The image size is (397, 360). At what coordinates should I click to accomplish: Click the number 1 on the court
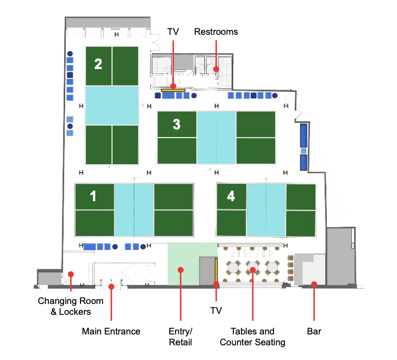[93, 196]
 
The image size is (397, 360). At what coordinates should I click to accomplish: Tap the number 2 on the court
[98, 64]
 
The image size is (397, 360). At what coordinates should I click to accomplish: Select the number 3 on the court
[176, 124]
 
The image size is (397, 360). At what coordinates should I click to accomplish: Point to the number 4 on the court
[231, 196]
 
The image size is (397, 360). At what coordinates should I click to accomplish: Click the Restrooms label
[216, 32]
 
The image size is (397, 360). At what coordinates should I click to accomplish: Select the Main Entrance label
[111, 331]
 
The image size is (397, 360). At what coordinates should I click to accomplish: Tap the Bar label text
[314, 331]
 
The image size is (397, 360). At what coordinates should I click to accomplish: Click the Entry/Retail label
[180, 337]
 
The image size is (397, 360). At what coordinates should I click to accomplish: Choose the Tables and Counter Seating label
[252, 337]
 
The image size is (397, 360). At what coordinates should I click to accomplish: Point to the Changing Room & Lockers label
[64, 306]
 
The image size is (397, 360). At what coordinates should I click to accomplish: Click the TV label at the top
[173, 32]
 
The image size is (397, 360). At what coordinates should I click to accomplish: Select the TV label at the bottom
[216, 311]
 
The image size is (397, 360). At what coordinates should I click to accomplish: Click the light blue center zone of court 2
[111, 105]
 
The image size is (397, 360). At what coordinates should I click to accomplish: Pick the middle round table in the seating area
[253, 268]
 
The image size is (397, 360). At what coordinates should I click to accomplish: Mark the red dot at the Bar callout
[314, 284]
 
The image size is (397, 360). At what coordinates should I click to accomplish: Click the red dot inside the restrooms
[216, 69]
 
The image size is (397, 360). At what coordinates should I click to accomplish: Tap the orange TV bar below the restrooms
[173, 89]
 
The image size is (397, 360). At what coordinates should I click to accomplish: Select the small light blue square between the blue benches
[303, 151]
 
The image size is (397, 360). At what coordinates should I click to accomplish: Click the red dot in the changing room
[71, 274]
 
